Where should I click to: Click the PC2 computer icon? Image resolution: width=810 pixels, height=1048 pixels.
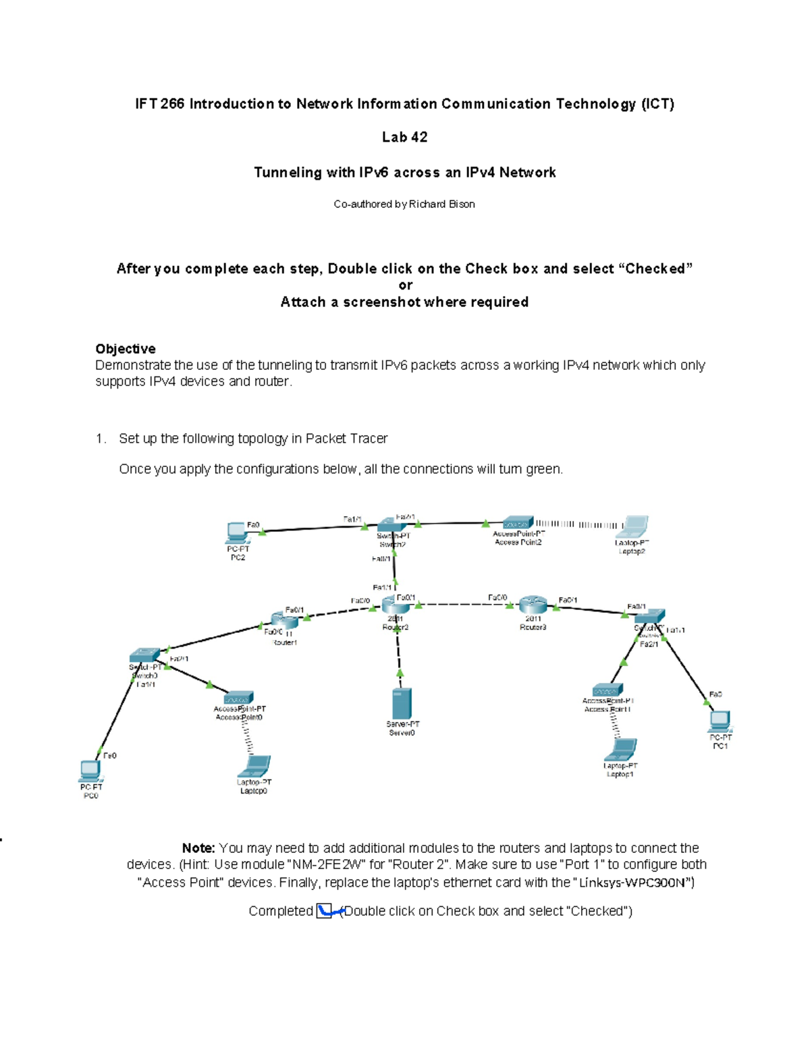(236, 532)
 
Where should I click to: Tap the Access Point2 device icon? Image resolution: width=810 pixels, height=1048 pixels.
(518, 524)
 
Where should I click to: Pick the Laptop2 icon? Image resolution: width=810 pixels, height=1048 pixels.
(634, 527)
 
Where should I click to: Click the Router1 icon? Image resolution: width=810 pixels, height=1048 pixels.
(284, 620)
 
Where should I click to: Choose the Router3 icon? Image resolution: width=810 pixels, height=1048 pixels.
(533, 605)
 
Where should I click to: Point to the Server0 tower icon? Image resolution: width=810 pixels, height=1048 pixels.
(402, 704)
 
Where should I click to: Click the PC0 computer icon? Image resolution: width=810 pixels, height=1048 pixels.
(90, 771)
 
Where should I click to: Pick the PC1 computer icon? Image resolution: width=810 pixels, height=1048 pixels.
(720, 721)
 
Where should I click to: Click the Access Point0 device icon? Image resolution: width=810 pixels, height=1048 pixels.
(238, 698)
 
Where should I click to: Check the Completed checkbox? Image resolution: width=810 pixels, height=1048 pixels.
(325, 911)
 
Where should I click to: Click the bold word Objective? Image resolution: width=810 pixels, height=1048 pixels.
(126, 349)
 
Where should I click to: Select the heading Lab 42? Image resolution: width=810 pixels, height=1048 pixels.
(404, 137)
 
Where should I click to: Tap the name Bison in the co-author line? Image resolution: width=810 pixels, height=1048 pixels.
(461, 204)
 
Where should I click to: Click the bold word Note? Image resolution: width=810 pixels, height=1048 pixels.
(198, 848)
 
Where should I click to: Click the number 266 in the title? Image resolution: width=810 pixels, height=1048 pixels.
(172, 104)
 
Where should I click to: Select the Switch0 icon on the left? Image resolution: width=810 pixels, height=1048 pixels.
(144, 655)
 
